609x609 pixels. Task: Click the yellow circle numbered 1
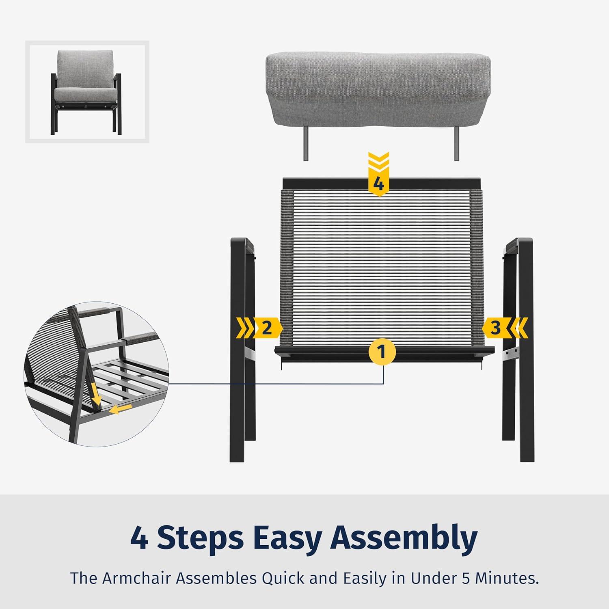(382, 352)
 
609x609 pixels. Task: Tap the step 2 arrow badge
(259, 328)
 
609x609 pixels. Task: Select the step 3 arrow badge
(505, 328)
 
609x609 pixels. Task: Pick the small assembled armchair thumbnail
(86, 92)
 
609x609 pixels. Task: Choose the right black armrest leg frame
(518, 350)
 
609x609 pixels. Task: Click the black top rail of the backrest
(381, 183)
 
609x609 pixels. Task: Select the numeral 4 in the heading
(139, 538)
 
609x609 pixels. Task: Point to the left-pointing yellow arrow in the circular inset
(122, 410)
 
